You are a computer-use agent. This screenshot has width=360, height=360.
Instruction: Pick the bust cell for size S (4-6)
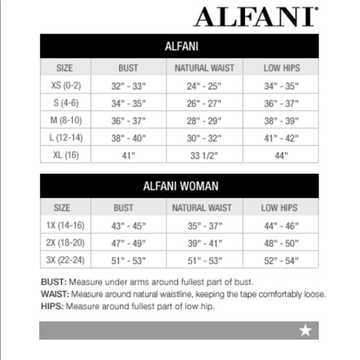[x=128, y=103]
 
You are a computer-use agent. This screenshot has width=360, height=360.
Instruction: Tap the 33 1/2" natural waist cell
[x=203, y=155]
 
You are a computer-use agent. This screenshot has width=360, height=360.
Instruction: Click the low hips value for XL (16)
[x=281, y=155]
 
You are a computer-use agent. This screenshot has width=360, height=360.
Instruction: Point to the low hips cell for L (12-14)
[x=281, y=138]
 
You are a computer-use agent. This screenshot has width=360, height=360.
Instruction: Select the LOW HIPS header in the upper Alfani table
[x=281, y=68]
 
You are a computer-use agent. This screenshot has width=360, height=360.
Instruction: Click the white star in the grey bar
[x=305, y=331]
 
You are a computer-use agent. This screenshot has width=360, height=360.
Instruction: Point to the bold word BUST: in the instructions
[x=53, y=282]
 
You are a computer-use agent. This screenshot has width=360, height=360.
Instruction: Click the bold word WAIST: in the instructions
[x=55, y=294]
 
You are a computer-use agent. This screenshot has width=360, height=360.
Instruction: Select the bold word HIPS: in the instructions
[x=52, y=307]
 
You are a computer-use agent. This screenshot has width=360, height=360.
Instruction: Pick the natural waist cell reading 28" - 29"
[x=203, y=120]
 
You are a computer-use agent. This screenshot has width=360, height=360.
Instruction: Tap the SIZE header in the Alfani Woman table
[x=62, y=208]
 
